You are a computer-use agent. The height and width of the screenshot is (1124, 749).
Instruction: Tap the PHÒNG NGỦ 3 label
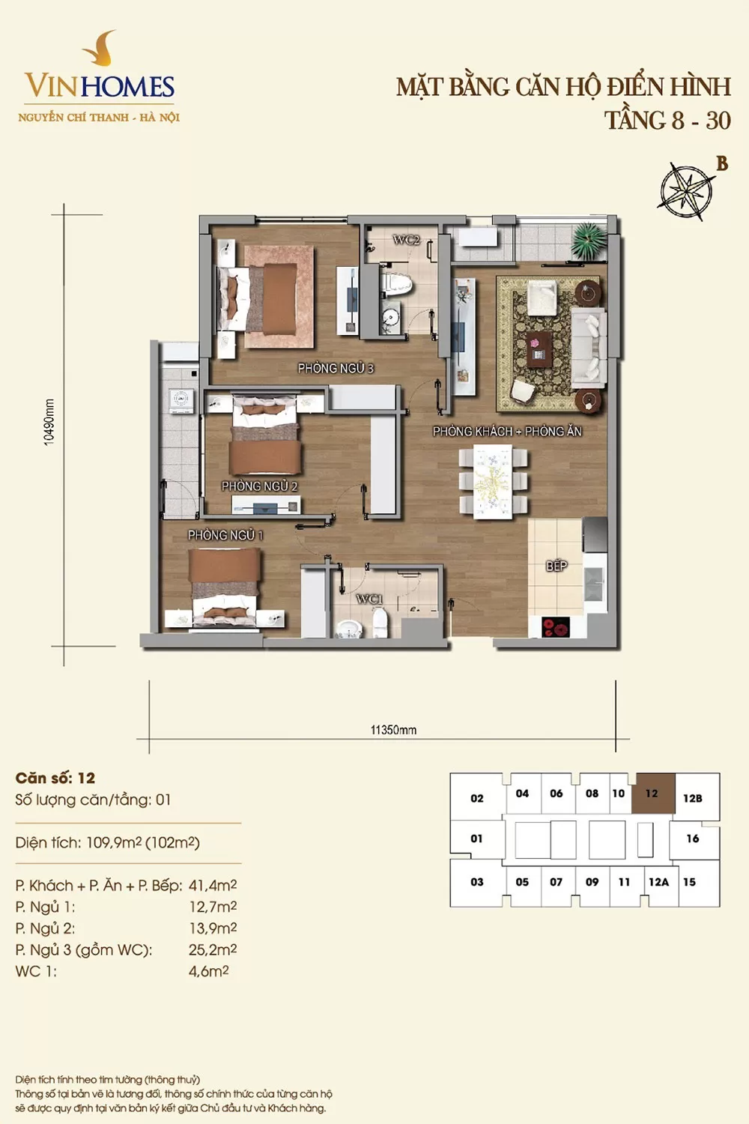336,369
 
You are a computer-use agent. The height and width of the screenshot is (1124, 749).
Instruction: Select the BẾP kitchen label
557,566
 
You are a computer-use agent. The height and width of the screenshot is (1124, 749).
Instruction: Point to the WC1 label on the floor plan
369,599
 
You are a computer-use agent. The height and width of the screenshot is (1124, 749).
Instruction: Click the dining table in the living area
493,482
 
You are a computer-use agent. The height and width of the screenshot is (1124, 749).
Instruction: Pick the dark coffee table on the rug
539,348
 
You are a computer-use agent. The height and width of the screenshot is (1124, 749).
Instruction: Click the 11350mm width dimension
393,730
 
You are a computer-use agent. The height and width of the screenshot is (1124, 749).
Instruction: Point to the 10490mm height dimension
49,422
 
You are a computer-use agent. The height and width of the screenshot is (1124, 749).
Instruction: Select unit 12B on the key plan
692,798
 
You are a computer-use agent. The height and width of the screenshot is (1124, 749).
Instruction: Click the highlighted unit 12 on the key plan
652,793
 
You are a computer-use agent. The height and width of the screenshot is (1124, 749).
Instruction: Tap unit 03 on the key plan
477,882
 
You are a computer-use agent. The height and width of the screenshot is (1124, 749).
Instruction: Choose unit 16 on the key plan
693,839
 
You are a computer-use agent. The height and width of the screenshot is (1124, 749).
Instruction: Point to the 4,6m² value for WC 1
209,971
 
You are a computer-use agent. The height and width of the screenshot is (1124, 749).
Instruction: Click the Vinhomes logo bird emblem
99,48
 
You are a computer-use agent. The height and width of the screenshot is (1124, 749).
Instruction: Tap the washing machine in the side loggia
181,400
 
